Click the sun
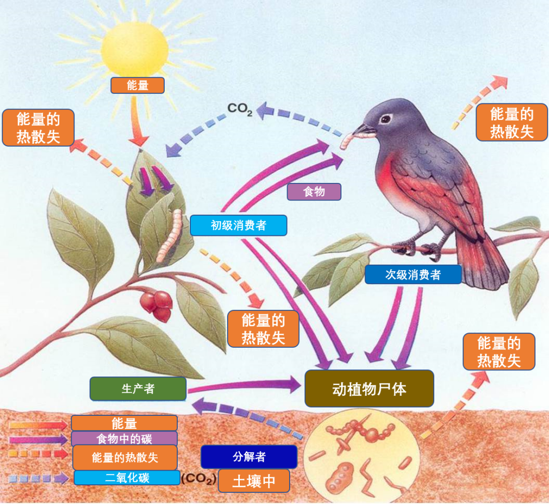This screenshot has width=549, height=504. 134,49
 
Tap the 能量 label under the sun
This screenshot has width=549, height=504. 138,86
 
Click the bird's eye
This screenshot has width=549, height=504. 385,119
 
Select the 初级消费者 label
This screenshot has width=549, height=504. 238,225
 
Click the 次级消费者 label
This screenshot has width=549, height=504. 413,275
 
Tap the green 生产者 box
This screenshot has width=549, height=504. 138,389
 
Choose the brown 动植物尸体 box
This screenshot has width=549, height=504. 369,389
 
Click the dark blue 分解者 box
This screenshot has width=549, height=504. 249,457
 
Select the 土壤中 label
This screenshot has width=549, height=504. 254,481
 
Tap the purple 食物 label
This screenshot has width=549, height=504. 314,192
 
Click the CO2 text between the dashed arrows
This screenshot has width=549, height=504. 240,109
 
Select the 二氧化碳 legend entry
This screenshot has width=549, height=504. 127,478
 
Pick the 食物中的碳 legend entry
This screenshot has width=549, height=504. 124,438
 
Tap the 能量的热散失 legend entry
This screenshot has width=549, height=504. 125,458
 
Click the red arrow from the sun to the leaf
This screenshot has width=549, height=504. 137,121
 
